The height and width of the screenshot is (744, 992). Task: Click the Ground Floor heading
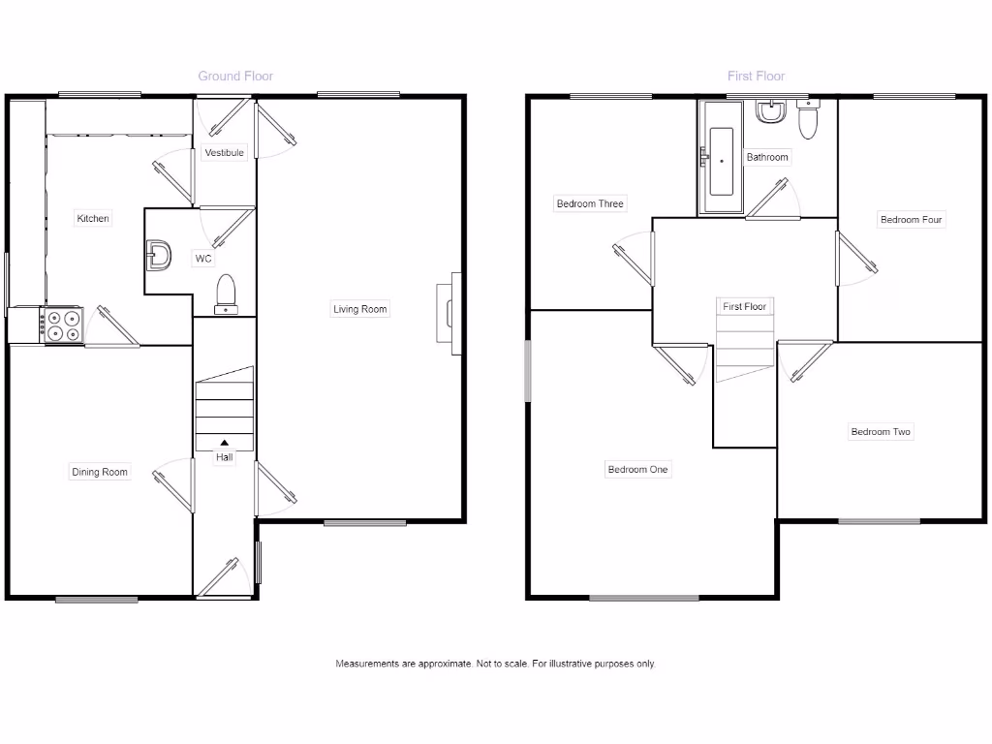tap(235, 76)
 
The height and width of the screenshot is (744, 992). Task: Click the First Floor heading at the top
tap(756, 76)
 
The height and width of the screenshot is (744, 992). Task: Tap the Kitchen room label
tap(93, 219)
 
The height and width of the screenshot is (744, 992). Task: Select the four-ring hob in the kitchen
tap(63, 325)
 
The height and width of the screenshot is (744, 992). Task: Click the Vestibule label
tap(224, 153)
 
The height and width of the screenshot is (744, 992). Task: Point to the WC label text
tap(203, 259)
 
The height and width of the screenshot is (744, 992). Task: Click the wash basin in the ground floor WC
tap(158, 257)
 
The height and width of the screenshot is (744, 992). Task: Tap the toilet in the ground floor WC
tap(226, 294)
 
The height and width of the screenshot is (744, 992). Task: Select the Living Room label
tap(359, 310)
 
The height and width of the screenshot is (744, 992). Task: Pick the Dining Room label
tap(100, 473)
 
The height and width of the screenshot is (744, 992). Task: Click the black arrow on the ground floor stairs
tap(225, 444)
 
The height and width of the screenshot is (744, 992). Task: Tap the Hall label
tap(225, 457)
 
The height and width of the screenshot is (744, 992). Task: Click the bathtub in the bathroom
tap(721, 162)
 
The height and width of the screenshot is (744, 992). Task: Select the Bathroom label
tap(767, 157)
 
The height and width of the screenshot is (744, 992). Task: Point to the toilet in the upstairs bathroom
tap(808, 120)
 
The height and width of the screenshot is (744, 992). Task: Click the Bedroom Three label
tap(590, 204)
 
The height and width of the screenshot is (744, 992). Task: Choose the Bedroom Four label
tap(911, 220)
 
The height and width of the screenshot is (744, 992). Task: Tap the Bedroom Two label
tap(881, 432)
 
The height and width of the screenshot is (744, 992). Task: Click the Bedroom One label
tap(638, 470)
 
